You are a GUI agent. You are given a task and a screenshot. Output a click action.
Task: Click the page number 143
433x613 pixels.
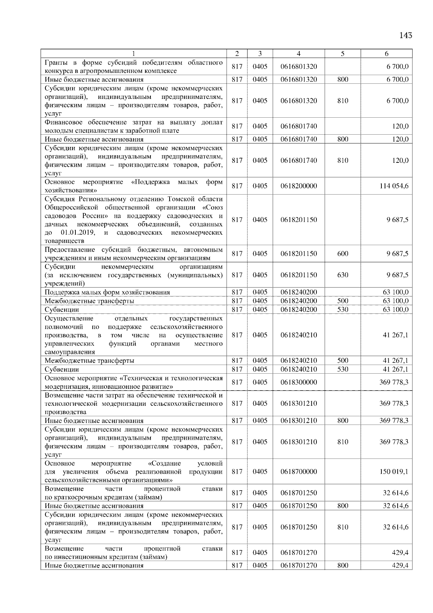406,35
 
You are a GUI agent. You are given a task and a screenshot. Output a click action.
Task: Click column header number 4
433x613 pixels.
298,53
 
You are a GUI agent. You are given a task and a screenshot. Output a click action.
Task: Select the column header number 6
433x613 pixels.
386,53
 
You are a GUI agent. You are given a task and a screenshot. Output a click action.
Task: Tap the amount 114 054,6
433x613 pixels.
394,186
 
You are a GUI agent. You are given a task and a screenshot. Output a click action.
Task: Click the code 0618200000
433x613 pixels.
298,186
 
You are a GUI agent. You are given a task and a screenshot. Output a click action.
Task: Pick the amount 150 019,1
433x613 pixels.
394,471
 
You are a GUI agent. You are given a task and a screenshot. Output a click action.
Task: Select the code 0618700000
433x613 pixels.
298,471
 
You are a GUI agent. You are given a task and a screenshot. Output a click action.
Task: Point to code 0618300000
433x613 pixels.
298,382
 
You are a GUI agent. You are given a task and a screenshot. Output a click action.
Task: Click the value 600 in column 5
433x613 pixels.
342,254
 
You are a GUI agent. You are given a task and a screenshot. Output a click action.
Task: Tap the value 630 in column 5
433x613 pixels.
342,275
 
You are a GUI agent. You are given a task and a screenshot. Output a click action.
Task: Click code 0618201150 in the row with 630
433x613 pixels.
298,275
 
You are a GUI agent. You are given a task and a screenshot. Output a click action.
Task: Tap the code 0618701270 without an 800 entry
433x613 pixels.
298,553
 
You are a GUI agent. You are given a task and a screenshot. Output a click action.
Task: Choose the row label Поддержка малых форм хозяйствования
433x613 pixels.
107,292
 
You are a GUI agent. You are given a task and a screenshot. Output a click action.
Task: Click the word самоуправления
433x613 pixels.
70,352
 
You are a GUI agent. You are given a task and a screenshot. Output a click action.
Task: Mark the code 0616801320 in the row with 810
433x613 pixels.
298,101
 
